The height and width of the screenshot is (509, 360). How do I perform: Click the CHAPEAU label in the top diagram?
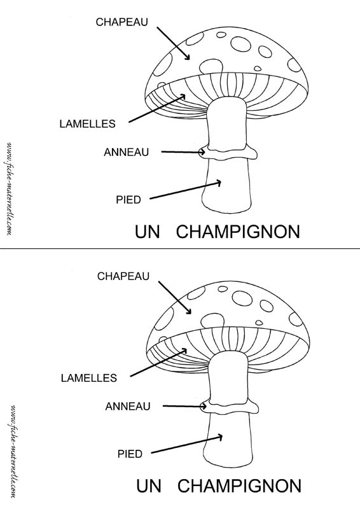coord(121,22)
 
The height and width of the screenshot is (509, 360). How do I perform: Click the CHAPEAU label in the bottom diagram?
coord(123,276)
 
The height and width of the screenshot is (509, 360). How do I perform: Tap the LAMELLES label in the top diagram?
coord(87,123)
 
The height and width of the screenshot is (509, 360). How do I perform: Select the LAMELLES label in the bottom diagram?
coord(89,378)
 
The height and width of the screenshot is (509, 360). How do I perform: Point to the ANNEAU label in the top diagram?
coord(127,152)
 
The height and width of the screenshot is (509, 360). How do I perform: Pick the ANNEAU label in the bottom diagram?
coord(128,407)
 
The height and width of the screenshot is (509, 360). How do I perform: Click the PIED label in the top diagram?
coord(128,200)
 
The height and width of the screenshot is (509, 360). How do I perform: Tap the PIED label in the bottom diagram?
coord(130,454)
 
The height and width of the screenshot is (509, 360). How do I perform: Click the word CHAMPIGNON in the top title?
coord(238,232)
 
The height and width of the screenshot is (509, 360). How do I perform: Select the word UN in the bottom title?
coord(149,486)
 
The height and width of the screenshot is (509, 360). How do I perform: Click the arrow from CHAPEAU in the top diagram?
coord(174,43)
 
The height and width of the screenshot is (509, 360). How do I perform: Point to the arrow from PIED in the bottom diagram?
coord(187,445)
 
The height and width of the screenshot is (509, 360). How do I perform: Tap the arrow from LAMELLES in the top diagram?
coord(157,108)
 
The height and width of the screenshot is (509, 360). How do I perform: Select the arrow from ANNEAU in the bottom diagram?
coord(184,406)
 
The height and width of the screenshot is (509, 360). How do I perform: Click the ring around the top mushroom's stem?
coord(229,153)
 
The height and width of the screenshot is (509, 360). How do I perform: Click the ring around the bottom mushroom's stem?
coord(230,407)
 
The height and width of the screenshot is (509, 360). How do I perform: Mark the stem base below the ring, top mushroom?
coord(226,185)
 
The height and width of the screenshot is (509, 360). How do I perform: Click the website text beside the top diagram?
coord(9,188)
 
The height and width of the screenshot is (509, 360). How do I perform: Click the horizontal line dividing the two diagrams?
coord(180,248)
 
